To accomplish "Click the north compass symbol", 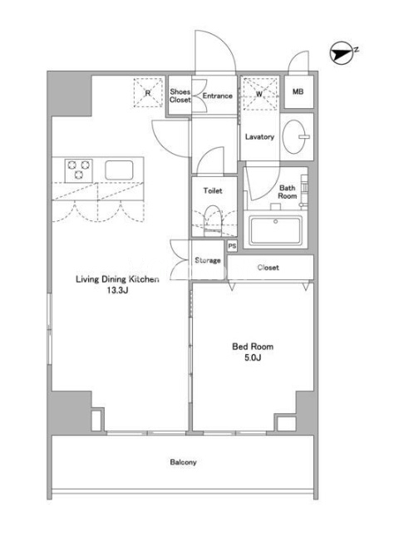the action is pyautogui.click(x=342, y=53).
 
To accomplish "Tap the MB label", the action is pyautogui.click(x=298, y=91).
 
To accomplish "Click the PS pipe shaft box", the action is pyautogui.click(x=232, y=246).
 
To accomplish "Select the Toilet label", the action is pyautogui.click(x=213, y=190).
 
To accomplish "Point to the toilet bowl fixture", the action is pyautogui.click(x=213, y=220).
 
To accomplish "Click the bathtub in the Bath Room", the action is pyautogui.click(x=276, y=230).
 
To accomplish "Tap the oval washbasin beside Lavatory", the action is pyautogui.click(x=295, y=137).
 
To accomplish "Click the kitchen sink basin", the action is pyautogui.click(x=119, y=170).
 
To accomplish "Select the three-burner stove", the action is pyautogui.click(x=79, y=170).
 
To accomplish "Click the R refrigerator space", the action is pyautogui.click(x=148, y=92).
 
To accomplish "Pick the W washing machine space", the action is pyautogui.click(x=260, y=93).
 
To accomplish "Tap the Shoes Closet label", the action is pyautogui.click(x=180, y=96).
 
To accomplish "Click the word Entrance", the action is pyautogui.click(x=218, y=96).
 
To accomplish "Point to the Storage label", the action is pyautogui.click(x=208, y=261).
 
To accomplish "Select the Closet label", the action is pyautogui.click(x=268, y=268).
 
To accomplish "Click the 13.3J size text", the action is pyautogui.click(x=117, y=291).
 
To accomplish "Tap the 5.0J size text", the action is pyautogui.click(x=253, y=358).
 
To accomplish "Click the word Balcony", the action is pyautogui.click(x=183, y=462).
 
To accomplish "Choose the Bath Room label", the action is pyautogui.click(x=288, y=192).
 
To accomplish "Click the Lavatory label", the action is pyautogui.click(x=259, y=137).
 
